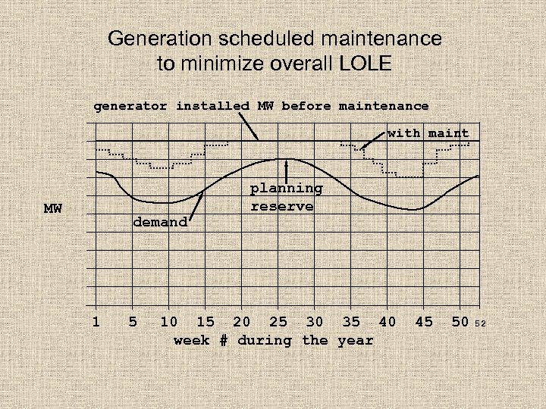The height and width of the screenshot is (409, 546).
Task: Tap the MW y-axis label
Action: point(53,208)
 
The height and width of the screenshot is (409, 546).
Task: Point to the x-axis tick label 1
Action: point(96,322)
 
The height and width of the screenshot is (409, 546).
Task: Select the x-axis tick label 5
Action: point(133,322)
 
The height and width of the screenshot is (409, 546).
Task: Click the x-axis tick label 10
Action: point(169,322)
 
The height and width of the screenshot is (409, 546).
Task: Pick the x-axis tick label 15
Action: point(206,322)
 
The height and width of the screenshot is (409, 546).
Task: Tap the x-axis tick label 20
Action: point(242,322)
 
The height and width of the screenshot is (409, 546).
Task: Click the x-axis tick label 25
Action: point(278,322)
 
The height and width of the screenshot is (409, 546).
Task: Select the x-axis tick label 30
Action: point(315,322)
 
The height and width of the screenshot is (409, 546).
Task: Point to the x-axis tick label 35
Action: point(351,322)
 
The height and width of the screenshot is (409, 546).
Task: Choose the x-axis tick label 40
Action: point(388,322)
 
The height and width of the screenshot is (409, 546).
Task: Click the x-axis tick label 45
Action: point(424,322)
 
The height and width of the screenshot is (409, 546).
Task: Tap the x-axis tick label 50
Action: point(460,322)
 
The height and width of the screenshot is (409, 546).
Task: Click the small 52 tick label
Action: point(479,324)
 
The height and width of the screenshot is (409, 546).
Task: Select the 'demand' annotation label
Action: point(160,222)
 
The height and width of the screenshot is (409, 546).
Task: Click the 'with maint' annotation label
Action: point(428,133)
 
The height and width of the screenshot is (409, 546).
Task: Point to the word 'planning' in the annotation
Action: point(287,189)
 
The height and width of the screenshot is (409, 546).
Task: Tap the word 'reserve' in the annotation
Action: point(282,206)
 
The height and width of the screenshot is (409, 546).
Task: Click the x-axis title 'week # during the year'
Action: point(274,340)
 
